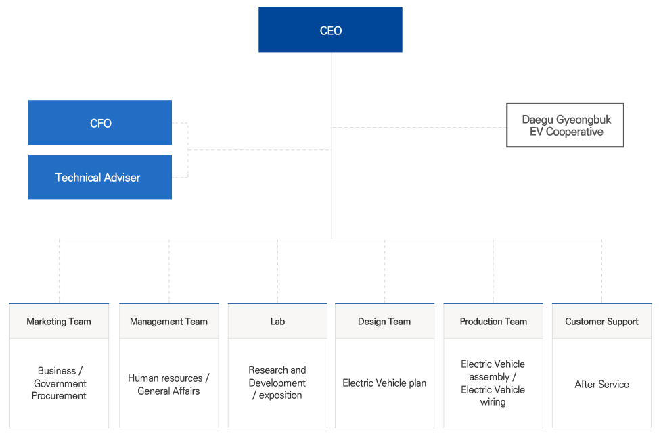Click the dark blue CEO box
click(330, 30)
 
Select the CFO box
click(100, 122)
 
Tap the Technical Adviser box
click(100, 177)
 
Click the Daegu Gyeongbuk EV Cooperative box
click(565, 125)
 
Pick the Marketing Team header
click(60, 321)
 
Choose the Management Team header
click(169, 321)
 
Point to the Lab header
click(277, 321)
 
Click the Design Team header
click(384, 321)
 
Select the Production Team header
click(493, 321)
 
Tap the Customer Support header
click(602, 321)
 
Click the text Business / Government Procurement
click(60, 383)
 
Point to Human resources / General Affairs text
click(168, 385)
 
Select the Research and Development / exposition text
click(277, 383)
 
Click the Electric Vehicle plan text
click(384, 383)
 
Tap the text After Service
click(602, 384)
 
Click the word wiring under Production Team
click(493, 402)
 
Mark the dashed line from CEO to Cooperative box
click(419, 127)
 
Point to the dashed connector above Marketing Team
click(60, 271)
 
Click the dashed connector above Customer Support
click(602, 271)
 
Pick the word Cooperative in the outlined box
click(574, 132)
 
